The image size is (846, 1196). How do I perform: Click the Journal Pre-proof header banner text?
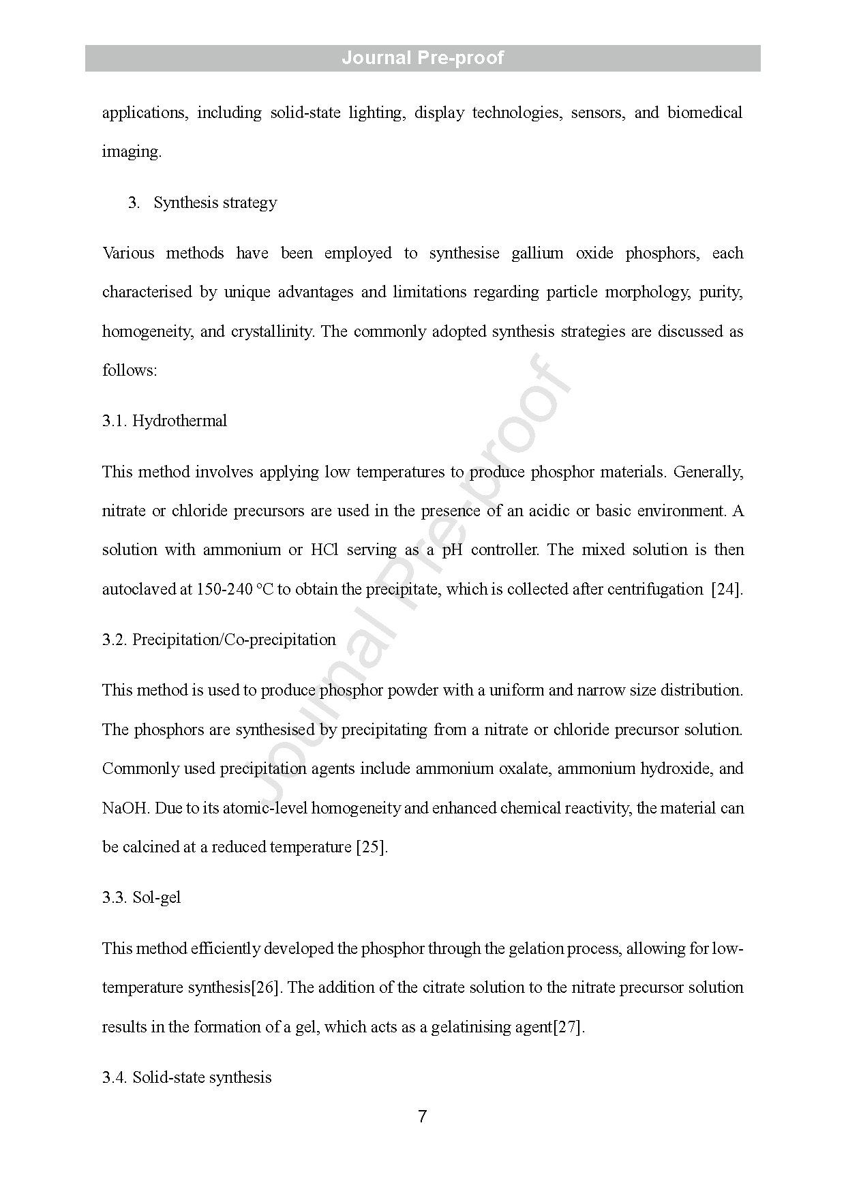click(x=423, y=58)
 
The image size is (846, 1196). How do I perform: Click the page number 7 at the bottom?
click(x=423, y=1116)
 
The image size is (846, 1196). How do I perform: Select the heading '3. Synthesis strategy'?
click(x=202, y=203)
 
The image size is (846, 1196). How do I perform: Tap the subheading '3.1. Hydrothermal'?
click(x=164, y=421)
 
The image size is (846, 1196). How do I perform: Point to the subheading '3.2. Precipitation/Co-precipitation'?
click(x=219, y=640)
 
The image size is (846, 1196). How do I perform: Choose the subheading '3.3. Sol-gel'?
click(x=142, y=897)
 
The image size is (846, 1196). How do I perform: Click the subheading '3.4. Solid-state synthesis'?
click(x=187, y=1077)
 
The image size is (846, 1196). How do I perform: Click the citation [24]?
click(x=727, y=589)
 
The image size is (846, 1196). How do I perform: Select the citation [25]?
click(x=372, y=847)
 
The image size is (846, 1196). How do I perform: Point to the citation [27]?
click(x=568, y=1027)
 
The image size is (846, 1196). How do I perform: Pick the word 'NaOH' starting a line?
click(x=125, y=808)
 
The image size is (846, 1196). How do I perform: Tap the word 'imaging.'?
click(x=132, y=151)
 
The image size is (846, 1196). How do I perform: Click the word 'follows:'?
click(x=130, y=370)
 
